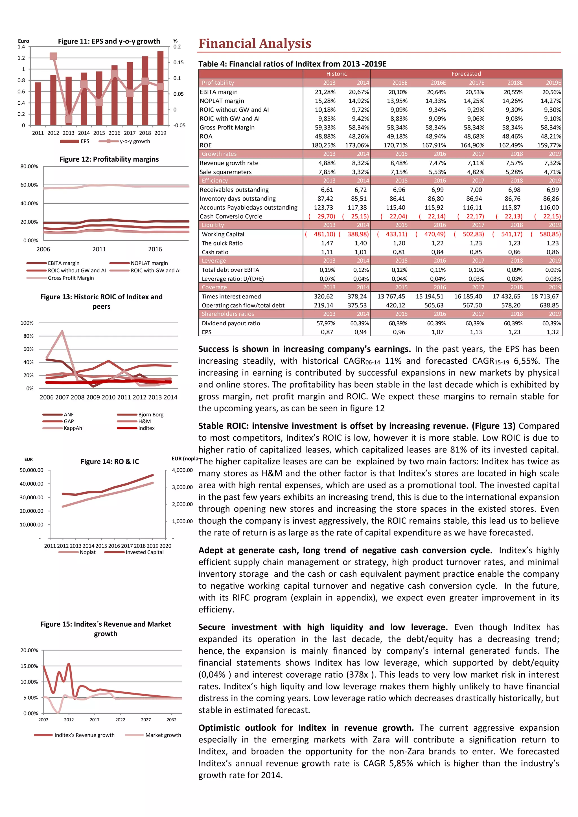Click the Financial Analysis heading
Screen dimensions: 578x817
tap(255, 43)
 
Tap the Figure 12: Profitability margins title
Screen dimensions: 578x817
tap(109, 159)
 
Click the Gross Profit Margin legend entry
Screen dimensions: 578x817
tap(71, 278)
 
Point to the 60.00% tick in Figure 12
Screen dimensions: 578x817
tap(29, 185)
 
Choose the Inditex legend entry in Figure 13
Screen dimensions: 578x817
tap(146, 428)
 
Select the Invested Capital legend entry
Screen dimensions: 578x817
tap(144, 552)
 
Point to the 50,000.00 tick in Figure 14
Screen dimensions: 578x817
tap(31, 470)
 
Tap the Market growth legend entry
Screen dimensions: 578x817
tap(163, 735)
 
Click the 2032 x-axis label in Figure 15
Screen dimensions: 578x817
tap(172, 719)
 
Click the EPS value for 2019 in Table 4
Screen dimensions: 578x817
tap(553, 332)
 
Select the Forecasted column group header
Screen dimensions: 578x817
tap(466, 74)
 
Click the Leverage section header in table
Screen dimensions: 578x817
tap(214, 260)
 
